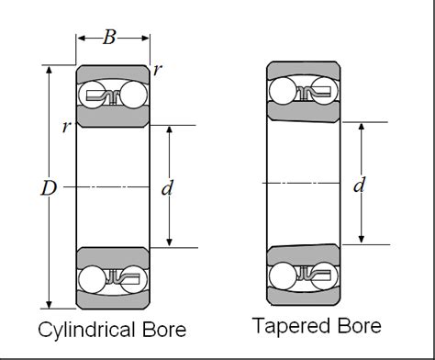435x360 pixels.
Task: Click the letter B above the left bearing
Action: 110,37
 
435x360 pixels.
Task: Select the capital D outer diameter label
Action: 49,187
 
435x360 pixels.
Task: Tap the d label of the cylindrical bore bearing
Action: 167,187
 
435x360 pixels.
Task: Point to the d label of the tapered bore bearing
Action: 361,186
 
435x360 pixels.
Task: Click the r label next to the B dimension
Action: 158,69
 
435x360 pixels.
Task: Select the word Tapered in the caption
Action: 291,326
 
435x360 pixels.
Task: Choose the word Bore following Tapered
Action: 357,326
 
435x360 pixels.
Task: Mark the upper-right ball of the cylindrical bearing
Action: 134,95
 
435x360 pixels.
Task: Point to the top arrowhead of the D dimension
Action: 49,70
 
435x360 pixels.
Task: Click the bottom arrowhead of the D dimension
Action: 49,305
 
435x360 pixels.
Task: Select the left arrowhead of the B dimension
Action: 81,39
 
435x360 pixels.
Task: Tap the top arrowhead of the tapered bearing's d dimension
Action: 361,126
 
